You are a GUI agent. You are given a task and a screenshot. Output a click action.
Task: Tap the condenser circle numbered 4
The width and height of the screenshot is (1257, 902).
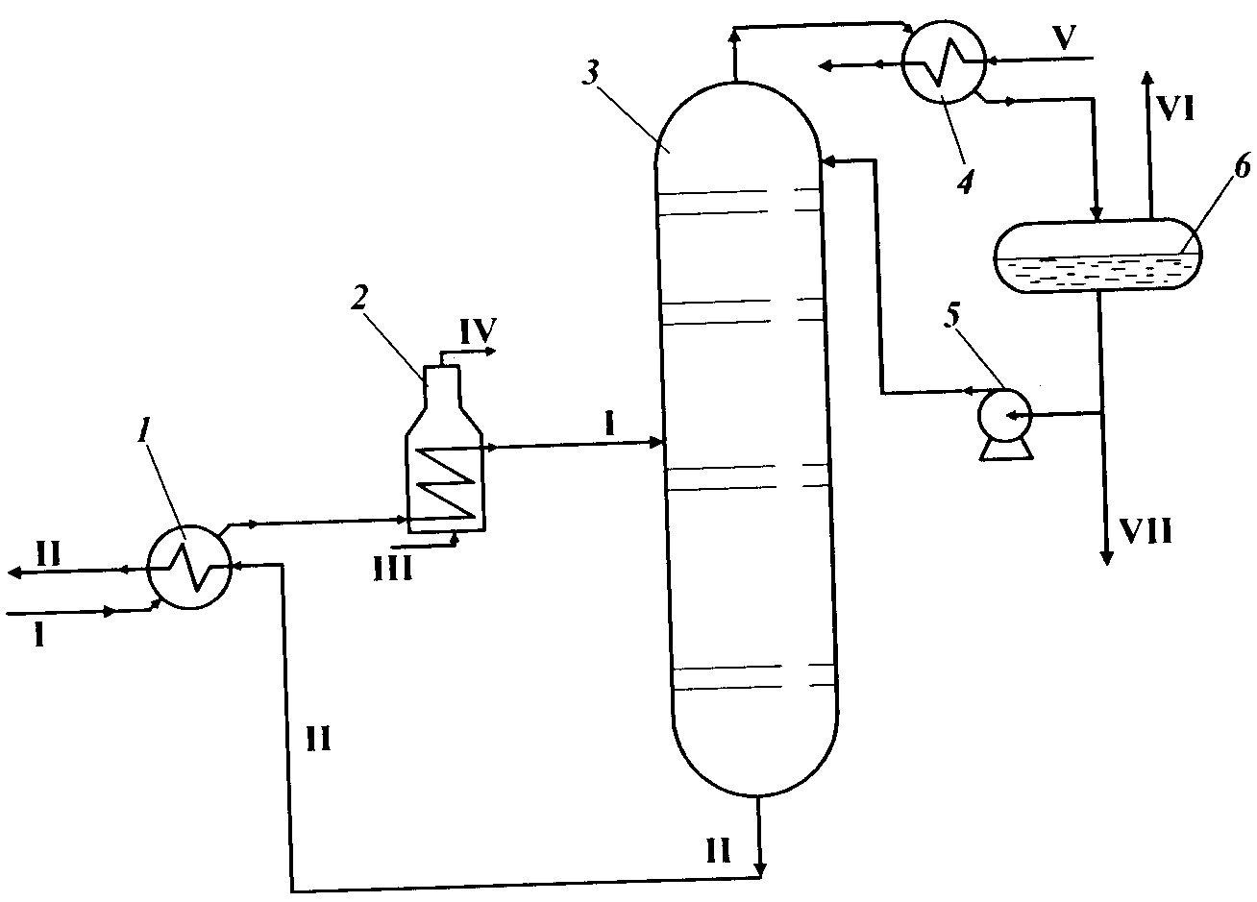944,60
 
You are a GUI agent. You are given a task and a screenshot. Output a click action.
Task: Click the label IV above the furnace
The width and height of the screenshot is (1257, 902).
478,331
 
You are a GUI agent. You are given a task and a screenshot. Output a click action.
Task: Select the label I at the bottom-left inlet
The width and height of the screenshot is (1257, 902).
38,636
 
